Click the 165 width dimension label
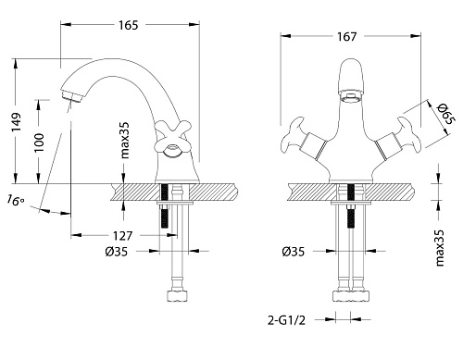coord(129,25)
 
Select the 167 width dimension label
coord(347,37)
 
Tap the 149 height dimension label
coord(16,122)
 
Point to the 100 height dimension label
coord(39,143)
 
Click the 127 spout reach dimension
coord(122,236)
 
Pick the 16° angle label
coord(16,200)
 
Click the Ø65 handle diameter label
coord(446,114)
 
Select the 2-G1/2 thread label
coord(286,320)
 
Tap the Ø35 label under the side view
coord(116,252)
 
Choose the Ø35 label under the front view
coord(293,252)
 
